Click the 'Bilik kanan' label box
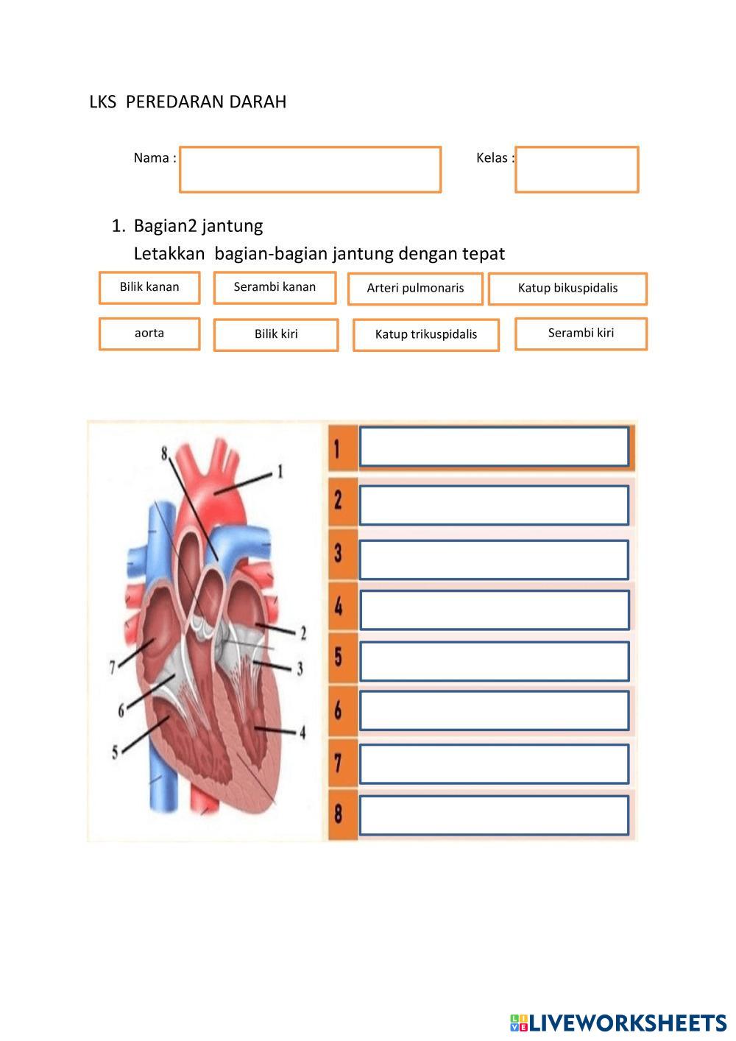[149, 287]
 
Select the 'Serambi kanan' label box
[275, 287]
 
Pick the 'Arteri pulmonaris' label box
[415, 289]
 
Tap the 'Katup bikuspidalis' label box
[567, 289]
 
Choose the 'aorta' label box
[149, 334]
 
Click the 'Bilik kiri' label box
[276, 334]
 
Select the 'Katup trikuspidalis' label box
[426, 334]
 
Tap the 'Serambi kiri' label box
[581, 334]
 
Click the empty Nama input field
[310, 169]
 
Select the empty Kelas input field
[576, 169]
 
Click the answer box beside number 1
[494, 446]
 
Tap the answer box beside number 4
[494, 610]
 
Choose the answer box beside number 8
[494, 815]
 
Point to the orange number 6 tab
[339, 710]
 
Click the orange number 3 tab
[339, 553]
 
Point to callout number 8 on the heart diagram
[164, 454]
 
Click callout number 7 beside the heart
[113, 667]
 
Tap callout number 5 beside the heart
[115, 752]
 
